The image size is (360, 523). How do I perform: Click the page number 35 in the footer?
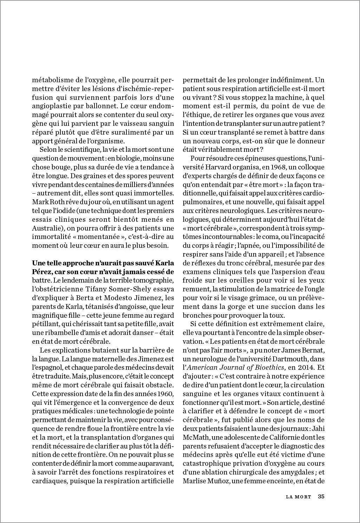pyautogui.click(x=321, y=497)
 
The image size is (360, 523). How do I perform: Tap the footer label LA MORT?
pyautogui.click(x=299, y=497)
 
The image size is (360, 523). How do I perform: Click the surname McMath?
pyautogui.click(x=195, y=438)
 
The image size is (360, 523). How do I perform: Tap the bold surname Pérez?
pyautogui.click(x=41, y=272)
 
